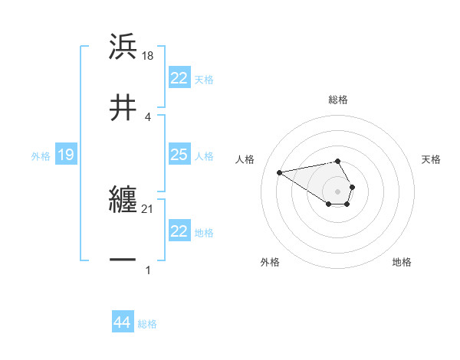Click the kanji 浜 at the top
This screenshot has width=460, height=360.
tap(123, 47)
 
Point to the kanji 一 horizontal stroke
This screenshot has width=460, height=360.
tap(123, 260)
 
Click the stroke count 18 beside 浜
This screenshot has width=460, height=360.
tap(149, 55)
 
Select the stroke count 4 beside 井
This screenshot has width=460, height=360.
tap(147, 116)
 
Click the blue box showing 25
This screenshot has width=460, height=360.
tap(179, 155)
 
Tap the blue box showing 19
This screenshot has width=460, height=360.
tap(65, 155)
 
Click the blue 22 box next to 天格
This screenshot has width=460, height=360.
tap(179, 78)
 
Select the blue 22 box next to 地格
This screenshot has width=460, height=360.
tap(179, 231)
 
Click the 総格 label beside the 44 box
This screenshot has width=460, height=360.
tap(147, 324)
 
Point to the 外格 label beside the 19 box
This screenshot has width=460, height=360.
tap(41, 156)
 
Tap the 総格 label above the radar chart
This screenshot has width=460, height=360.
tap(338, 100)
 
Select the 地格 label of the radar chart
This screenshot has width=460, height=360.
tap(402, 262)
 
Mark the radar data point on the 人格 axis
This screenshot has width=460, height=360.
tap(280, 172)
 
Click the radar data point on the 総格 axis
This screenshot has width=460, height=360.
tap(338, 162)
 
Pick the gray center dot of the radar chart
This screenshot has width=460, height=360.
tap(338, 191)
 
